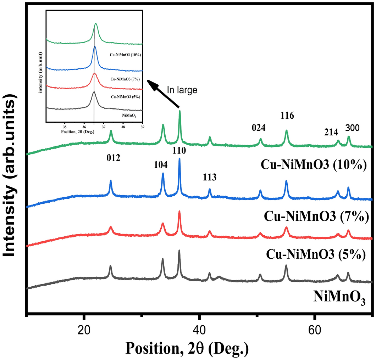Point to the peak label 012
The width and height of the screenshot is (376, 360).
click(114, 158)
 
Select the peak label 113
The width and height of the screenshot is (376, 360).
click(209, 177)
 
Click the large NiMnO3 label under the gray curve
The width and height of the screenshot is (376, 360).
click(339, 297)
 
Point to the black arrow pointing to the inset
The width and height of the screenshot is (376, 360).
click(164, 94)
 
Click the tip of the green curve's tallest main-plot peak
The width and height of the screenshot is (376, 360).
click(180, 111)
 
